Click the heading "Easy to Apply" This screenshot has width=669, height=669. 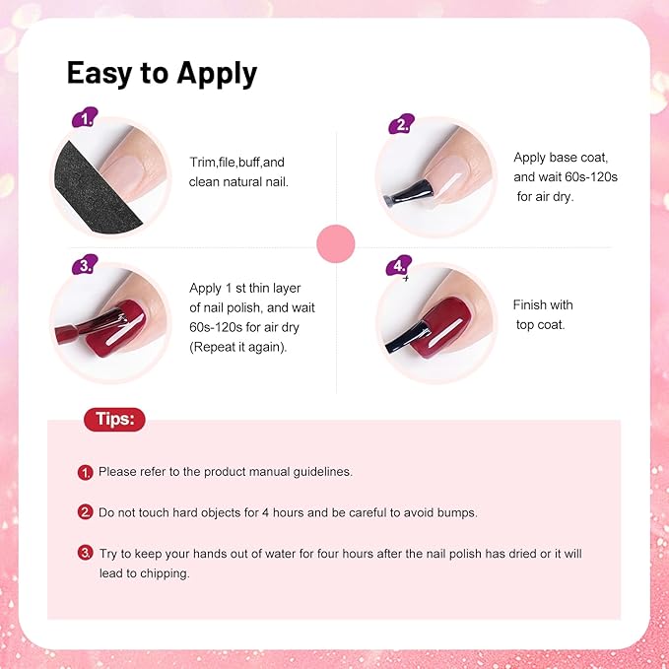pos(162,73)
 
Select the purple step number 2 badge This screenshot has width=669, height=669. pos(400,124)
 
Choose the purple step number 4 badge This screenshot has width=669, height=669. pos(400,267)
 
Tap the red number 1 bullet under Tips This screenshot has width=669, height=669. pos(86,473)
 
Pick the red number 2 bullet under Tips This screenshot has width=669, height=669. pos(86,512)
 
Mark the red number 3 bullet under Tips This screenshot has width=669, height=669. pos(87,553)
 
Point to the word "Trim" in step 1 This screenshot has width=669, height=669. pos(204,162)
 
